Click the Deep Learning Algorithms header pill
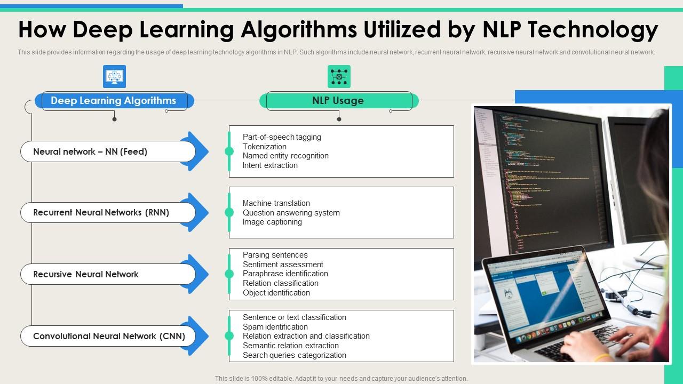(x=113, y=101)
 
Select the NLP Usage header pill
(x=338, y=101)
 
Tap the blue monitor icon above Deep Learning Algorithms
(x=114, y=77)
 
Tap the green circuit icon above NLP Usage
(x=339, y=77)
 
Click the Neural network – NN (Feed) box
(x=107, y=152)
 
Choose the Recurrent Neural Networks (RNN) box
(x=107, y=213)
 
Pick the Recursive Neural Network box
(x=107, y=275)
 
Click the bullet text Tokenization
(x=264, y=147)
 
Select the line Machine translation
(x=276, y=203)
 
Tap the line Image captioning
(x=272, y=222)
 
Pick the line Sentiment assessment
(x=283, y=265)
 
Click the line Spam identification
(x=275, y=327)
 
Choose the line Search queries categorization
(x=294, y=355)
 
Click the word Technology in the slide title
(x=593, y=30)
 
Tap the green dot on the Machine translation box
(x=229, y=212)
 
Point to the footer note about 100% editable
(x=341, y=379)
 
